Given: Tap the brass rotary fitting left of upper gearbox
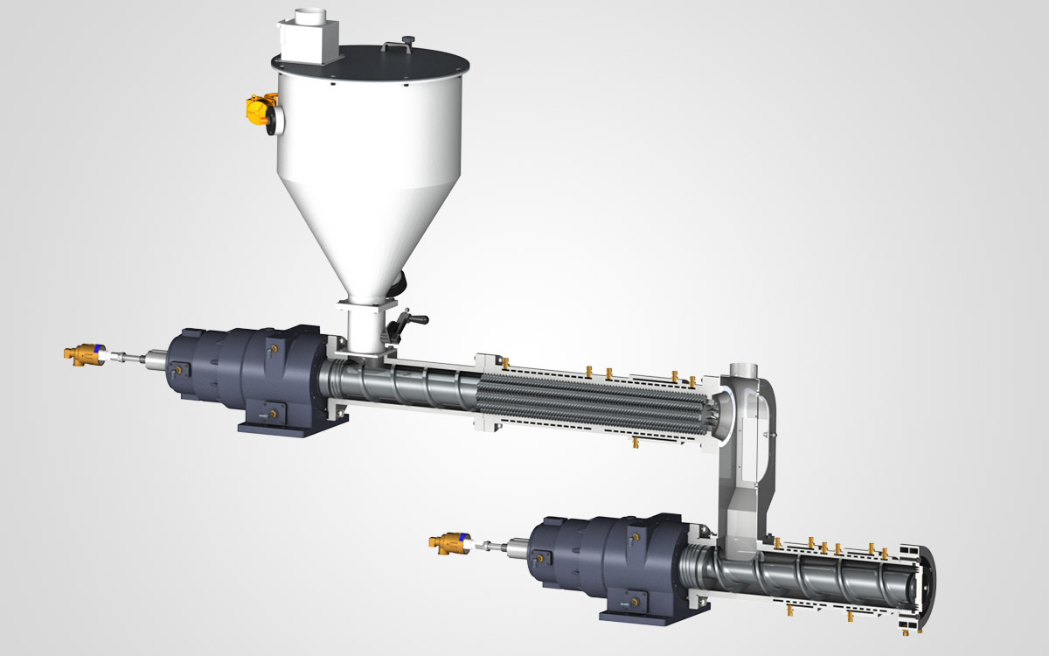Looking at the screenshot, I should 84,352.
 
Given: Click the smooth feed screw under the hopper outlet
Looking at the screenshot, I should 402,385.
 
